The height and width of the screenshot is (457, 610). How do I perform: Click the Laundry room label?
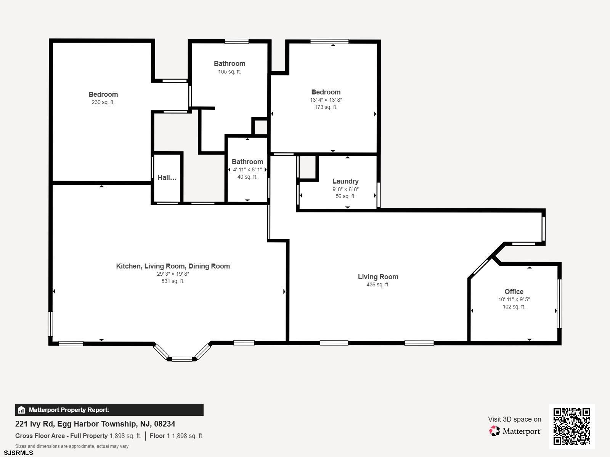pyautogui.click(x=345, y=181)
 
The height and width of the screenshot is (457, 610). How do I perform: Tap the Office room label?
pyautogui.click(x=514, y=292)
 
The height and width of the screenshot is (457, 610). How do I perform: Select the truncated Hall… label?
pyautogui.click(x=167, y=177)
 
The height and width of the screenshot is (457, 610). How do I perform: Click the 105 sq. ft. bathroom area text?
pyautogui.click(x=229, y=72)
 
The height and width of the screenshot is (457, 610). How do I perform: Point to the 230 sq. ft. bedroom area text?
pyautogui.click(x=103, y=102)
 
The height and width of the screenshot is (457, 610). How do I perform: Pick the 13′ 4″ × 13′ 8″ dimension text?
pyautogui.click(x=326, y=100)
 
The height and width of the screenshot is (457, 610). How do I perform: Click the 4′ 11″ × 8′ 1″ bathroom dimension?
pyautogui.click(x=247, y=169)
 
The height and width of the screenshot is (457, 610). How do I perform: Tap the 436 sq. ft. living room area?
pyautogui.click(x=378, y=284)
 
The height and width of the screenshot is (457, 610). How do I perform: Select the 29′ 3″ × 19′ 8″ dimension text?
pyautogui.click(x=173, y=274)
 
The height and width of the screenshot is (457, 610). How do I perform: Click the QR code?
pyautogui.click(x=571, y=427)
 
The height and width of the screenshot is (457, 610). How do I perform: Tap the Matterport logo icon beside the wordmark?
pyautogui.click(x=494, y=431)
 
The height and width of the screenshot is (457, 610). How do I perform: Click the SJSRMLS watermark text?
pyautogui.click(x=18, y=453)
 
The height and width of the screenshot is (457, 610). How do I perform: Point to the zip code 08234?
pyautogui.click(x=165, y=424)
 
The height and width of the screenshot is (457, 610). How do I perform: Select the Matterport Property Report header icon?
pyautogui.click(x=21, y=410)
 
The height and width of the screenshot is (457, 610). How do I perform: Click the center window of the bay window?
pyautogui.click(x=182, y=360)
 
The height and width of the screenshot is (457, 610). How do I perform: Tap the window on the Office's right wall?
pyautogui.click(x=559, y=304)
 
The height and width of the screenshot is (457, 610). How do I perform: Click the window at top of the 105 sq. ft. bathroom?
pyautogui.click(x=236, y=42)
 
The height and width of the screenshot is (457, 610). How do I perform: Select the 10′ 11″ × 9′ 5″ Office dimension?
pyautogui.click(x=514, y=299)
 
